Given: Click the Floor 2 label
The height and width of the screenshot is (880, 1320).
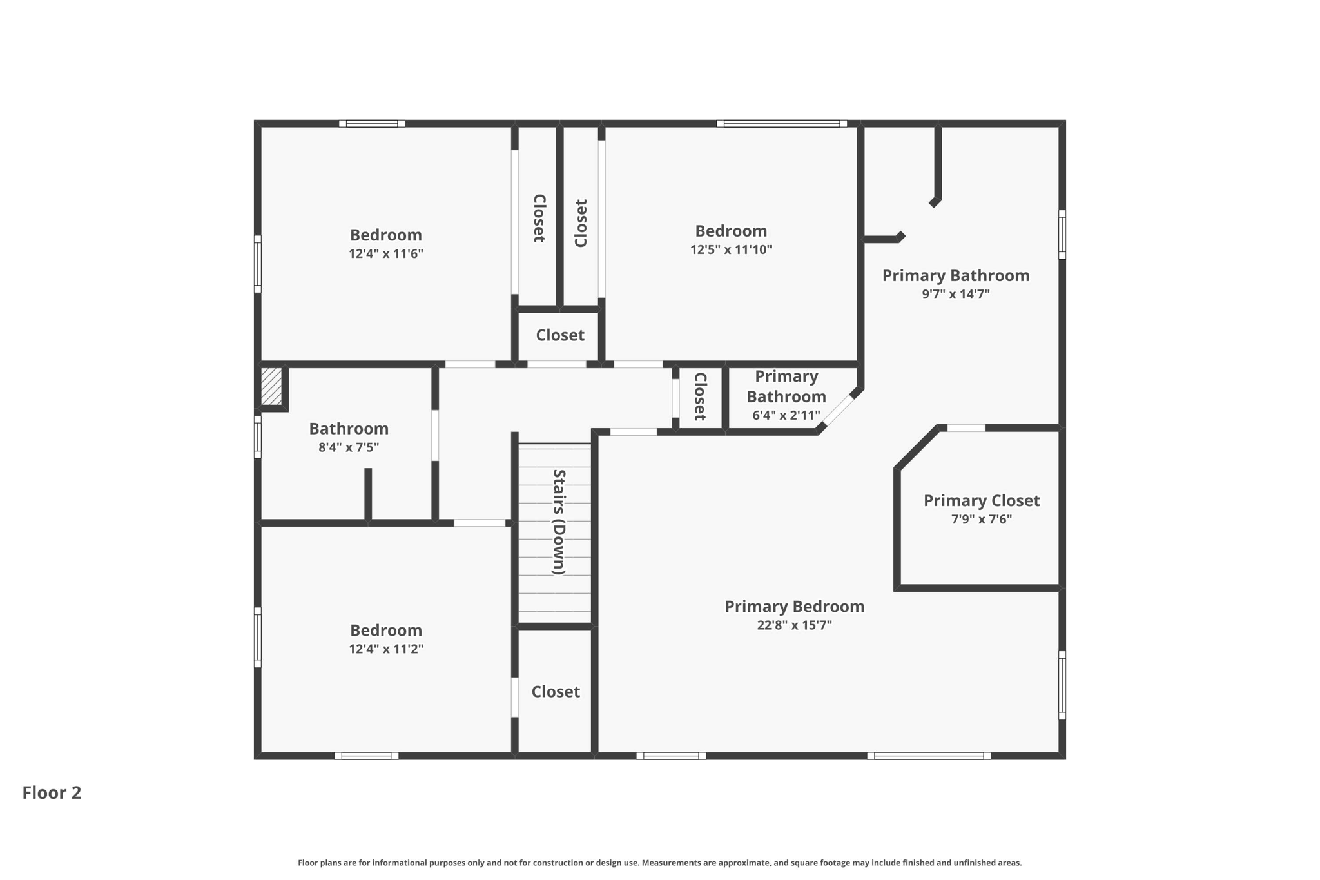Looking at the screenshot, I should pyautogui.click(x=52, y=792).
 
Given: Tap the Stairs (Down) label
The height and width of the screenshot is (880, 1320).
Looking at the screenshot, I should pyautogui.click(x=559, y=522).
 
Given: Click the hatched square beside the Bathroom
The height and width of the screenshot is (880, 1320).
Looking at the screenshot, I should pyautogui.click(x=271, y=386).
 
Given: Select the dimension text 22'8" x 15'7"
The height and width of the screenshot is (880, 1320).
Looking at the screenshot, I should pyautogui.click(x=794, y=625).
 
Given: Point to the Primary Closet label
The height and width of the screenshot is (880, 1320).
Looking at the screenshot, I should pyautogui.click(x=981, y=500).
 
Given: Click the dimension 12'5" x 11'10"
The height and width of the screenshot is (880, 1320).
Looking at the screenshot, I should pyautogui.click(x=731, y=249).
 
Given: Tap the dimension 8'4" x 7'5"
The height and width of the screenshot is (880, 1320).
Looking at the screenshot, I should pyautogui.click(x=348, y=447).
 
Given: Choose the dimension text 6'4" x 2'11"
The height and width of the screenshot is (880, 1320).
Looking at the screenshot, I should pyautogui.click(x=786, y=415).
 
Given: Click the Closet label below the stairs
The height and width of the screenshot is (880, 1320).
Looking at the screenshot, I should pyautogui.click(x=555, y=691).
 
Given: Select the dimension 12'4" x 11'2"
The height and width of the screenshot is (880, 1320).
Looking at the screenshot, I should pyautogui.click(x=385, y=649).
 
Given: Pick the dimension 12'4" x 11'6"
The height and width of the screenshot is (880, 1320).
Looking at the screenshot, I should pyautogui.click(x=385, y=253).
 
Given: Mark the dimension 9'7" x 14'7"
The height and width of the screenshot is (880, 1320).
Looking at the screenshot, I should pyautogui.click(x=955, y=294).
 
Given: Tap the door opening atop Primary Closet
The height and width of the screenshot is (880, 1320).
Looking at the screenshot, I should pyautogui.click(x=966, y=428).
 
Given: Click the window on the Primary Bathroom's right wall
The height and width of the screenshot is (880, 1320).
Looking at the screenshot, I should pyautogui.click(x=1062, y=234).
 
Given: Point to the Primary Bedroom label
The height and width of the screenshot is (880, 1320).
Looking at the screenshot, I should pyautogui.click(x=794, y=606).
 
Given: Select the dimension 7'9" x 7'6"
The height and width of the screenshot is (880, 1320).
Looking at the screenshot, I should pyautogui.click(x=981, y=519).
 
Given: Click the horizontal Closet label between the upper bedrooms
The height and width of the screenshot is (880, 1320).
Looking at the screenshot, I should pyautogui.click(x=559, y=335).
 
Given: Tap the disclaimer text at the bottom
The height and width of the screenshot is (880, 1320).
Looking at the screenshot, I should pyautogui.click(x=659, y=863).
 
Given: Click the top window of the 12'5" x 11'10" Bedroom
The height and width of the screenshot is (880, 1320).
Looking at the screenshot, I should pyautogui.click(x=781, y=124).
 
